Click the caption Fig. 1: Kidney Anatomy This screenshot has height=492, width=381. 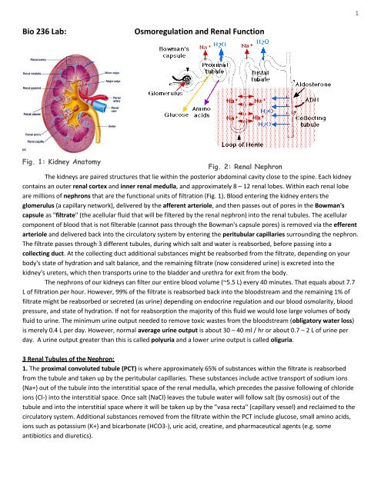click(58, 197)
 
